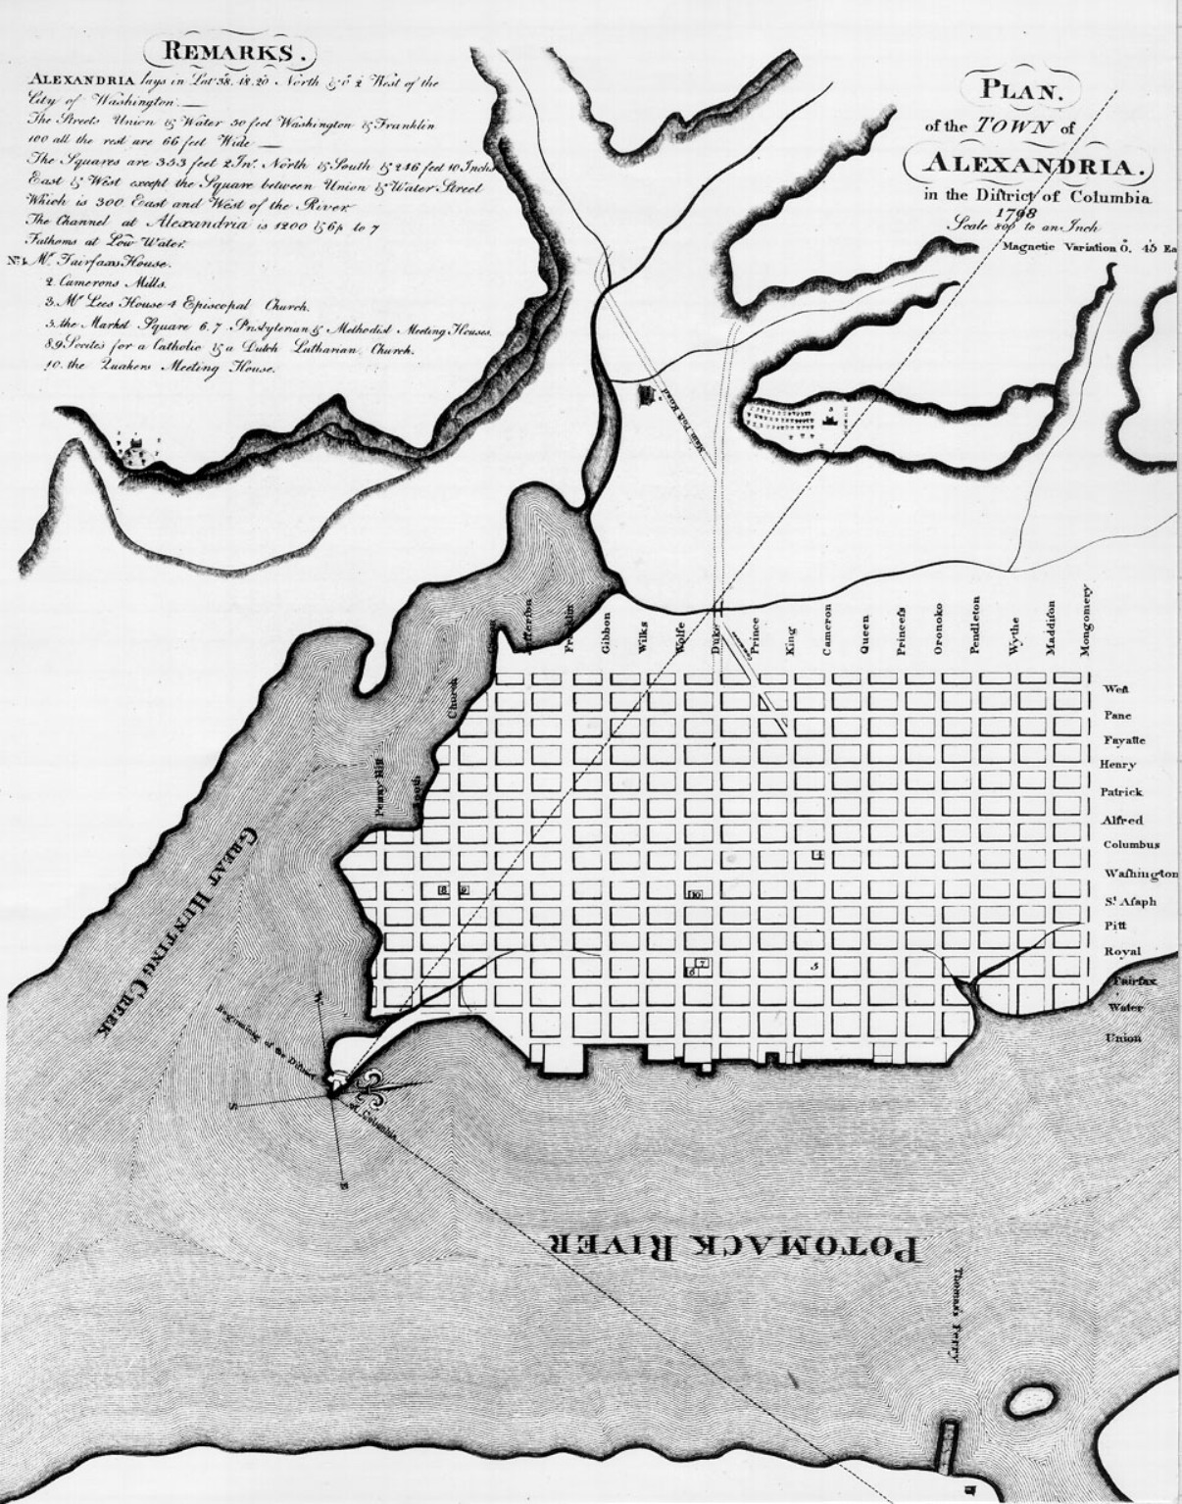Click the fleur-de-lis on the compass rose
(x=374, y=1085)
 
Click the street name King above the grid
(x=790, y=640)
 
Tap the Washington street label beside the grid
(x=1141, y=874)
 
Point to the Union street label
(x=1122, y=1037)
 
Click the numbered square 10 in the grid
(x=695, y=893)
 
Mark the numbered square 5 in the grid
(x=814, y=966)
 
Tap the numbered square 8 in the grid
(x=444, y=889)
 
